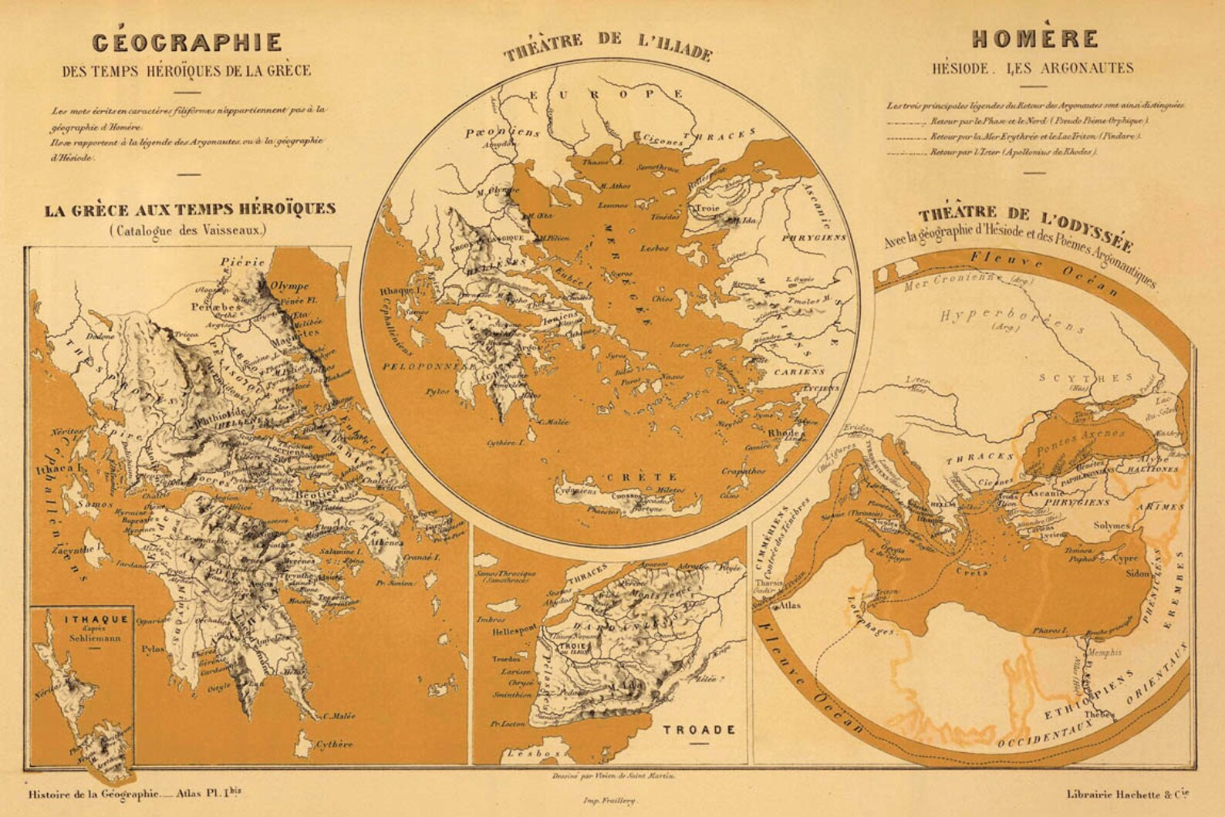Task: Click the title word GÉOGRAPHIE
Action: pos(187,42)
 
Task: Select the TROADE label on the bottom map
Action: pos(697,729)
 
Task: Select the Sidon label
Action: pos(1138,575)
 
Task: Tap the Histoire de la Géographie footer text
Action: pos(94,793)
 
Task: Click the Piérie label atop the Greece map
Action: pos(242,262)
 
